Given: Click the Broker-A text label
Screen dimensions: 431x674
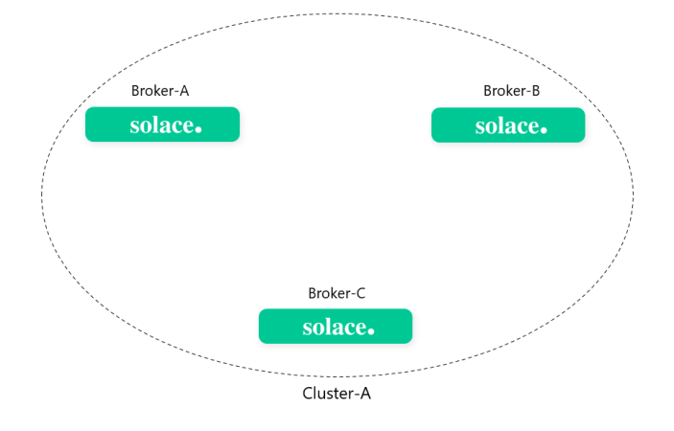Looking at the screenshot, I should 160,91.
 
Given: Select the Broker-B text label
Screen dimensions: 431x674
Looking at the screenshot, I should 511,91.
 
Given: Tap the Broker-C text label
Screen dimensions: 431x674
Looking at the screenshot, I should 337,293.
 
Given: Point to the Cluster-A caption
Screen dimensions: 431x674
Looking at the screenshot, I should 337,394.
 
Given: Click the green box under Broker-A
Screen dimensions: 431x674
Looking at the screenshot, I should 162,125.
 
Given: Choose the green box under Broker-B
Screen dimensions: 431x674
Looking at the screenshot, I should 508,125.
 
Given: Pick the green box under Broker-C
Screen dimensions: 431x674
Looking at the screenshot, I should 336,327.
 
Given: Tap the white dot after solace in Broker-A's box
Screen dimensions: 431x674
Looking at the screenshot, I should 198,129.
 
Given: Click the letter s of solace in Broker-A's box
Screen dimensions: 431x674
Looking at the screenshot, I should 134,126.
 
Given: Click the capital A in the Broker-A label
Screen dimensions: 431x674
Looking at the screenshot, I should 184,91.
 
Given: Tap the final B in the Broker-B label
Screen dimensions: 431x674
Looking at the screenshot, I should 535,91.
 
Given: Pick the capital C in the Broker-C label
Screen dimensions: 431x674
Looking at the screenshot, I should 360,293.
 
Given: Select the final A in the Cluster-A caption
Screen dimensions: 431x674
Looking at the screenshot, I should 364,394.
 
